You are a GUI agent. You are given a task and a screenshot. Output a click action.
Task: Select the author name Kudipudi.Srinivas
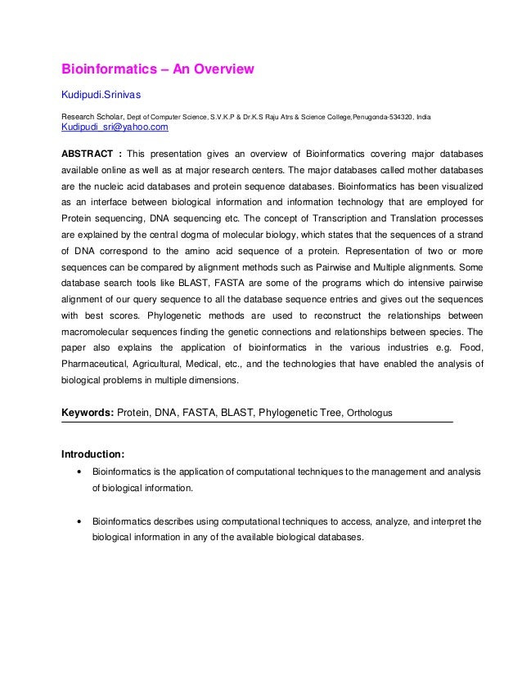click(x=101, y=96)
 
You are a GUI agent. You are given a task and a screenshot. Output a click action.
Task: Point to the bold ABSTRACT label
click(x=88, y=154)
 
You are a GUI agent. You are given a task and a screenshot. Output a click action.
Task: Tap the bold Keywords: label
click(x=88, y=413)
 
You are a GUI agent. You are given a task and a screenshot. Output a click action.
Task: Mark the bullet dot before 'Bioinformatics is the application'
click(x=77, y=472)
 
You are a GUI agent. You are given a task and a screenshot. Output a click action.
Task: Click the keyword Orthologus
click(x=369, y=413)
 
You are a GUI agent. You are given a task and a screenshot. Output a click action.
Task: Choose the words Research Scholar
click(x=92, y=118)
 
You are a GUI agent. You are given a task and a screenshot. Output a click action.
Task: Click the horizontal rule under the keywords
click(x=257, y=422)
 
